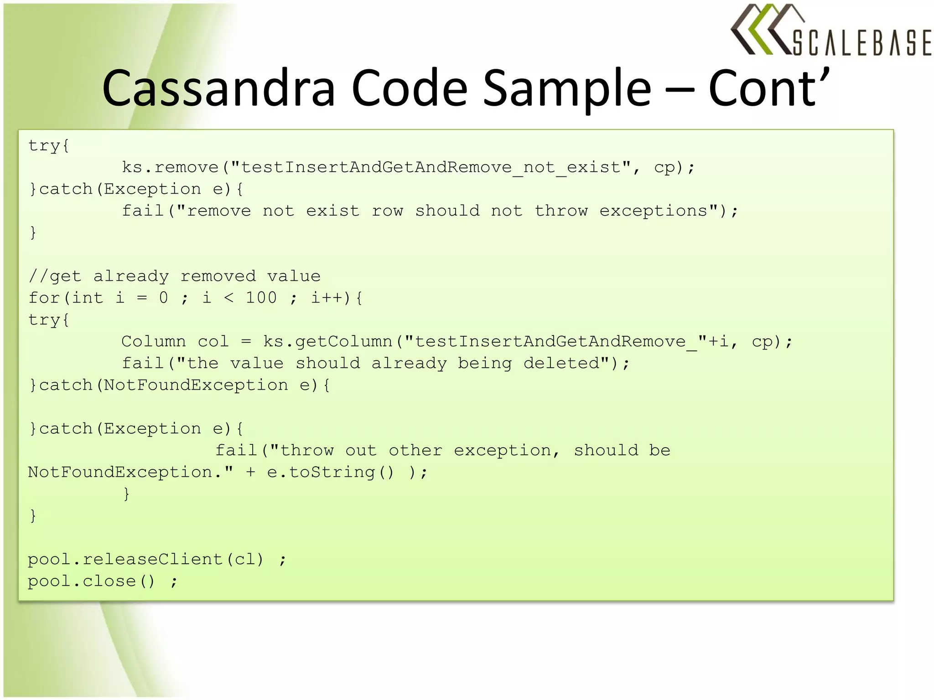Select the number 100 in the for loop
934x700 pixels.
point(261,298)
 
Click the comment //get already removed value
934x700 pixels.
point(175,276)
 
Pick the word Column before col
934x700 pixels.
point(154,341)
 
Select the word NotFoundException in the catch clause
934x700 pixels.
point(196,385)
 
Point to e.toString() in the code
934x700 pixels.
point(330,472)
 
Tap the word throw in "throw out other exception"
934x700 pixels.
point(306,451)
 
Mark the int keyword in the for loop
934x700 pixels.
point(87,298)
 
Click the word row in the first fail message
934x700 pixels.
point(387,211)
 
